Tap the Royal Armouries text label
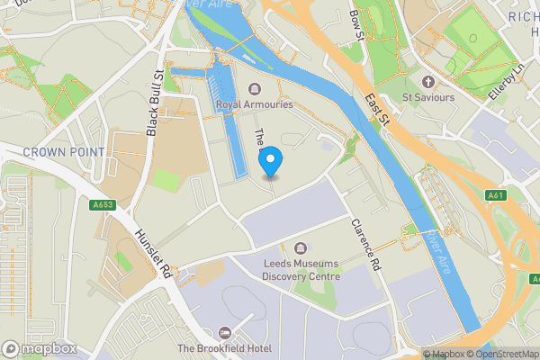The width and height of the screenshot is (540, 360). coord(255,104)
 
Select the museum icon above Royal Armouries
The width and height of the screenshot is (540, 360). coord(255,88)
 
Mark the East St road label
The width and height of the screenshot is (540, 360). coord(375,105)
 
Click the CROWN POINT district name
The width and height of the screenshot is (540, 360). coord(64,152)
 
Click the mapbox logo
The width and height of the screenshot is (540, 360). coord(40,348)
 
